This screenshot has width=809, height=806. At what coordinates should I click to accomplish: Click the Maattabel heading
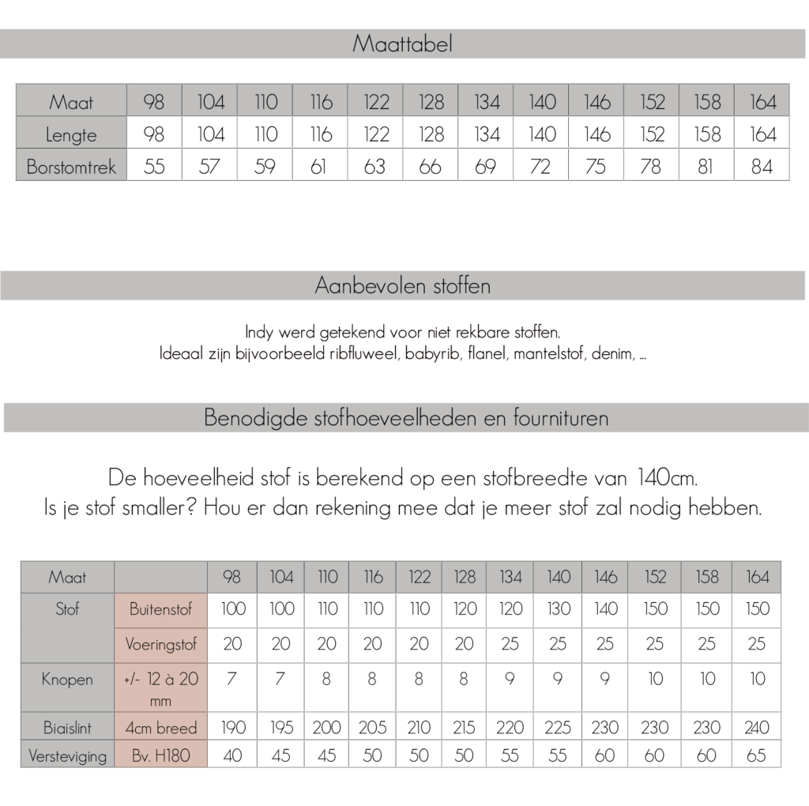coord(402,44)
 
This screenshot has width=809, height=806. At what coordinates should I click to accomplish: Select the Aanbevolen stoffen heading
coord(402,285)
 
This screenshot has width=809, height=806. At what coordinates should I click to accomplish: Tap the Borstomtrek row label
coord(71,168)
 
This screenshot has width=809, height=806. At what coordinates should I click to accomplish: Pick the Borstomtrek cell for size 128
coord(431,168)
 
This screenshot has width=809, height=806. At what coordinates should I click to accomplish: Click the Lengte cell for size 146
coord(597,134)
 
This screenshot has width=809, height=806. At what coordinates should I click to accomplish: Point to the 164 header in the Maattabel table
coord(762,102)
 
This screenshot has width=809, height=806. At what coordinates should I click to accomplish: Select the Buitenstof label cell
coord(160,609)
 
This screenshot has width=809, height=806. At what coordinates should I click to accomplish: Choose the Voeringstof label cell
coord(160,644)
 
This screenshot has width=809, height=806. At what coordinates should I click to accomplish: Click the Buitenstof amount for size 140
coord(558,609)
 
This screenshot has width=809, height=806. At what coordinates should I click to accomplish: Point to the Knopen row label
coord(67,679)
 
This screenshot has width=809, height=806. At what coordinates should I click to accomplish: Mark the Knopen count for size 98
coord(232,679)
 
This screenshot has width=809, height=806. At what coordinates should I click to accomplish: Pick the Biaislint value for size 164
coord(757,728)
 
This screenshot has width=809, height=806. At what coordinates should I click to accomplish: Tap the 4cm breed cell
coord(160,728)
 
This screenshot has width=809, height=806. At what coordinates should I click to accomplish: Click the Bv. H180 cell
coord(160,755)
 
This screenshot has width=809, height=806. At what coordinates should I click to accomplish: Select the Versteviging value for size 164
coord(757,755)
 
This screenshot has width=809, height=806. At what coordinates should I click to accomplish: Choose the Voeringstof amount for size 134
coord(510,644)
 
